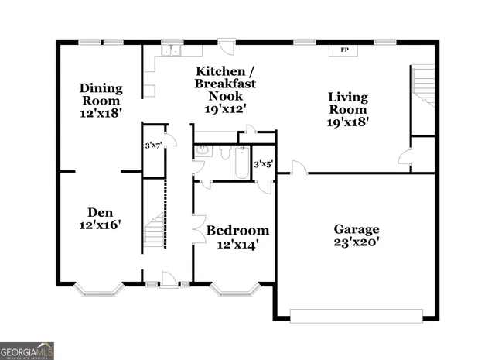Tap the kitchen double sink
[170, 51]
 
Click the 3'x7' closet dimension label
[154, 145]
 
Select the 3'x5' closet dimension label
[264, 163]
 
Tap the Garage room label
[356, 229]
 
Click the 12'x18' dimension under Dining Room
[101, 113]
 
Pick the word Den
[101, 211]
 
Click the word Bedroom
[237, 231]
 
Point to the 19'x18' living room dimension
[348, 121]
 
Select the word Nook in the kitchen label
[225, 97]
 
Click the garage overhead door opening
[356, 315]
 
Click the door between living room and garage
[298, 168]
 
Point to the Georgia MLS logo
[27, 351]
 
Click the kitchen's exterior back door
[225, 44]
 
